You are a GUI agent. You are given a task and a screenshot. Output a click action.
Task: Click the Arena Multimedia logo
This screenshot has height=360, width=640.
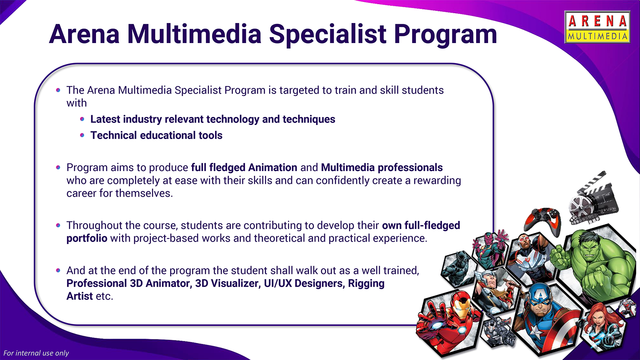tap(597, 27)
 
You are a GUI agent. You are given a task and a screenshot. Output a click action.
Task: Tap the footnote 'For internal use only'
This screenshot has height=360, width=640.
tap(36, 353)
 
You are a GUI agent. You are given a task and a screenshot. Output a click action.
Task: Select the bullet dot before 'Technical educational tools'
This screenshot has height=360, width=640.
tap(82, 135)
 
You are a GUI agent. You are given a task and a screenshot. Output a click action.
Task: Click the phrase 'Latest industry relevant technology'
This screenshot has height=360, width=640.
tap(175, 119)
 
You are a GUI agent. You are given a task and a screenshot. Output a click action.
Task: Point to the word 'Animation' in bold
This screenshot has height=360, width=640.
tap(273, 168)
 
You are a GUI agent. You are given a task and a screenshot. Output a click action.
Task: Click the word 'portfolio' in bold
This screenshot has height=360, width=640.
tap(87, 238)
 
